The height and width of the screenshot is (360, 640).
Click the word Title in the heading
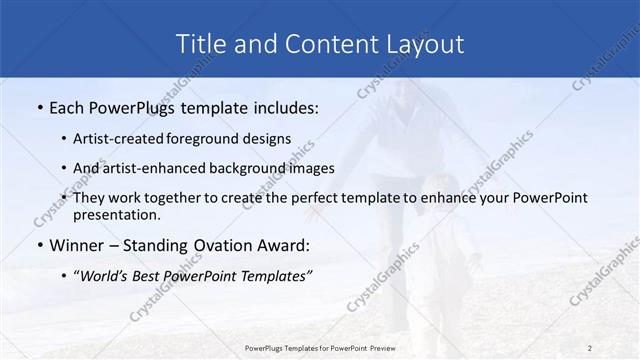click(x=199, y=44)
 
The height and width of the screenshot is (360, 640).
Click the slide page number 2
click(x=589, y=347)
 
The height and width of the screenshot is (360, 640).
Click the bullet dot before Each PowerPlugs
click(x=39, y=107)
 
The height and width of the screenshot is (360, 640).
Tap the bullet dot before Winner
click(x=39, y=245)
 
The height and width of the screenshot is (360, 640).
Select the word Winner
click(x=78, y=245)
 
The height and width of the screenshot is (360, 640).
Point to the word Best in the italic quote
click(x=154, y=275)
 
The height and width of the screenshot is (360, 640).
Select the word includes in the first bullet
click(x=281, y=107)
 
